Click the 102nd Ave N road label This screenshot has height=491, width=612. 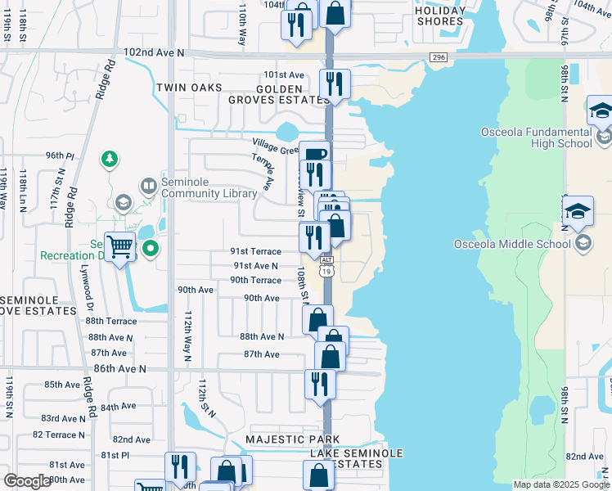tap(155, 52)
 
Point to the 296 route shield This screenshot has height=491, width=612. tap(439, 56)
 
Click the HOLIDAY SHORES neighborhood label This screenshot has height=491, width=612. tap(441, 16)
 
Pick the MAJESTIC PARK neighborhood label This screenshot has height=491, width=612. tap(293, 440)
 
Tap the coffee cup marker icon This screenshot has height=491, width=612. tap(314, 155)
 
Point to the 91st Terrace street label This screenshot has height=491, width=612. tap(254, 252)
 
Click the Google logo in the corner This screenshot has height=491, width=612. tap(27, 481)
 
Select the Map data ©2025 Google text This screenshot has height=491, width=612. tap(560, 484)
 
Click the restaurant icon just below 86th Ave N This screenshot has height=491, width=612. tap(320, 384)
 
